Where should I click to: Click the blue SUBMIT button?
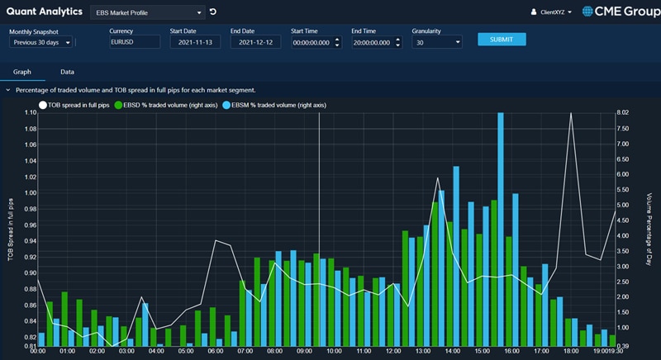(x=502, y=39)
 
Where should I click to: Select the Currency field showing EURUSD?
(x=134, y=42)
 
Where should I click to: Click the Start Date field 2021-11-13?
(x=194, y=42)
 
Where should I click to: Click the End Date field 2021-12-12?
(x=255, y=42)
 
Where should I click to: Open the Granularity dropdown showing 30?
(x=436, y=42)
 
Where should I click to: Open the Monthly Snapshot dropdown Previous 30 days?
(x=41, y=42)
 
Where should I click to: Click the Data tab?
(x=67, y=72)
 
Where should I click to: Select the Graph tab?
(x=22, y=72)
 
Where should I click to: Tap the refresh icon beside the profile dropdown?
(x=213, y=12)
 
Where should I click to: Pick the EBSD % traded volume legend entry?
(x=159, y=105)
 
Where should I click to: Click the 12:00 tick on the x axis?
(x=394, y=351)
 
